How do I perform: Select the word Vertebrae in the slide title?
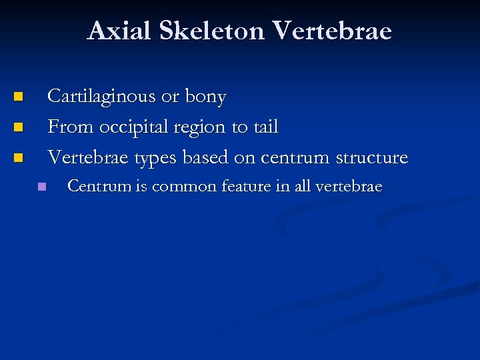(333, 31)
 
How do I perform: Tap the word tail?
(265, 127)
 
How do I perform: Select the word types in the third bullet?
(157, 159)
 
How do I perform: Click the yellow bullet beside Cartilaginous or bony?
(19, 97)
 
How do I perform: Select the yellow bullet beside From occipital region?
(19, 127)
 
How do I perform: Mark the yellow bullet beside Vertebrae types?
(19, 158)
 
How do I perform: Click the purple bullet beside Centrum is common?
(42, 187)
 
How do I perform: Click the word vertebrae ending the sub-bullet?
(348, 187)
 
